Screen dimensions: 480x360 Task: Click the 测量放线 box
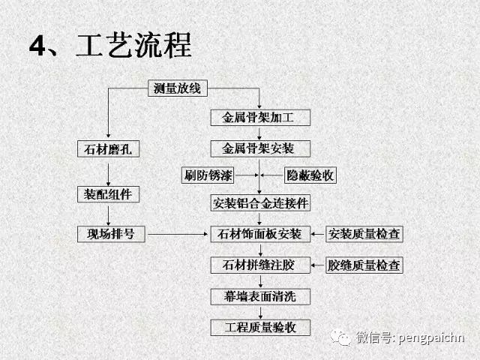(x=178, y=88)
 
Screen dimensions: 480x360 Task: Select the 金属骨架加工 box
(x=260, y=117)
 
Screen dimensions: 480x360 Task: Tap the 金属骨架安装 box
(x=260, y=148)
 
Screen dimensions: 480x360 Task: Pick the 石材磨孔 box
(x=108, y=148)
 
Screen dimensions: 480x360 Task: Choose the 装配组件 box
(x=108, y=194)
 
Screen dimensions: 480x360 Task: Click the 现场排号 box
(x=111, y=234)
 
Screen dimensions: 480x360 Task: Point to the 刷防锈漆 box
(x=208, y=175)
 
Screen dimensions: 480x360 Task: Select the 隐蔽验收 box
(x=310, y=175)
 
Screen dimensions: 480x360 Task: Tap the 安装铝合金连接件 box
(x=260, y=202)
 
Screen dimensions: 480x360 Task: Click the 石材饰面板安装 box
(x=260, y=234)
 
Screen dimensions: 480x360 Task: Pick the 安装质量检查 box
(x=364, y=234)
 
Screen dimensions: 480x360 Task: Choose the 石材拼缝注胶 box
(x=260, y=265)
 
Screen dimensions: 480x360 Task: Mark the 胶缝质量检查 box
(x=364, y=265)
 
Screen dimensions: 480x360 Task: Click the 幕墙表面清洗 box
(x=260, y=296)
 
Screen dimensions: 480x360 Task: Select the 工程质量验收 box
(x=260, y=328)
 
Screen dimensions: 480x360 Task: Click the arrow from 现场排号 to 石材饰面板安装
(x=178, y=234)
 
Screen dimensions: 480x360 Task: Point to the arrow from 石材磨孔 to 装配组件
(x=108, y=175)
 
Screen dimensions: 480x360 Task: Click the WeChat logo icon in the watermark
(x=340, y=337)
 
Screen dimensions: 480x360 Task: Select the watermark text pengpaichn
(x=432, y=338)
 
